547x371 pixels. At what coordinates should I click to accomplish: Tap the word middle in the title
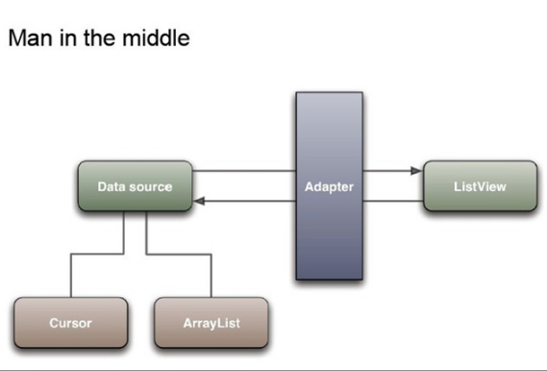click(158, 39)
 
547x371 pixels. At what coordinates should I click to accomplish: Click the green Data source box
click(135, 186)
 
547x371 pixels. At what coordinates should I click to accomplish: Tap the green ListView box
click(479, 186)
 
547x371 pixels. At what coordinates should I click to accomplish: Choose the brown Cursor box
click(70, 323)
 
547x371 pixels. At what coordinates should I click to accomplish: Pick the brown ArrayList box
click(211, 323)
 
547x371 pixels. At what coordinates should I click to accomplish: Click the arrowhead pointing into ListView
click(416, 171)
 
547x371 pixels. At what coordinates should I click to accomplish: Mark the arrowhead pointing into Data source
click(198, 202)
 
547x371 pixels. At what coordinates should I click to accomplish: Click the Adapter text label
click(329, 186)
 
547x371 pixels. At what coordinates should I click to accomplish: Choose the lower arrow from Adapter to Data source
click(245, 202)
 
